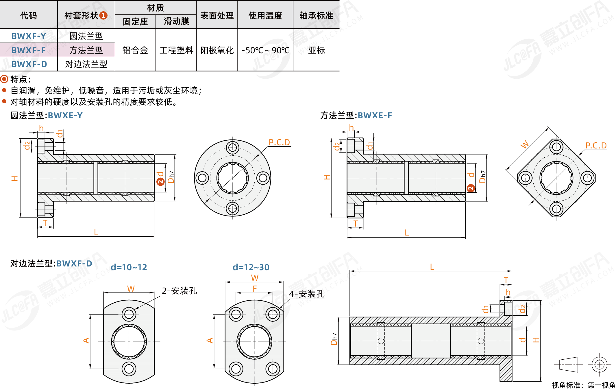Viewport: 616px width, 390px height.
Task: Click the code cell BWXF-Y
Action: click(x=29, y=36)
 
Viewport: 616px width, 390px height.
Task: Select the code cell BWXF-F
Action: click(x=29, y=50)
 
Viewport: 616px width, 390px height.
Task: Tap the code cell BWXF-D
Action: click(x=29, y=64)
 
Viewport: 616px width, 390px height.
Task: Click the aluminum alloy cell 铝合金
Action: click(x=135, y=50)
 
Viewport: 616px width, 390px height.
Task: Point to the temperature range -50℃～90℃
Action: click(x=265, y=50)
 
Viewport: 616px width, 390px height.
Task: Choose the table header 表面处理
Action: click(x=217, y=16)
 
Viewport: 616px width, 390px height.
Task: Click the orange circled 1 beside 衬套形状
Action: click(x=103, y=15)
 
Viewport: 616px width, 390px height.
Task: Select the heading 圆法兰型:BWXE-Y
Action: click(x=47, y=115)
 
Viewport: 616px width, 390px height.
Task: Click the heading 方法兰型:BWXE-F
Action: click(x=356, y=115)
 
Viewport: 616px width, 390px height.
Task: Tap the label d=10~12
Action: click(x=129, y=267)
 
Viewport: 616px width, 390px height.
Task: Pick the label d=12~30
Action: click(x=251, y=267)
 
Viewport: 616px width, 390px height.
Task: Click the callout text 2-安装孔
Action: click(x=179, y=290)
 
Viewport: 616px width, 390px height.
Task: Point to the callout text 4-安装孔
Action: click(x=307, y=294)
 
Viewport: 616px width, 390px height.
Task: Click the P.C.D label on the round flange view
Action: click(x=279, y=142)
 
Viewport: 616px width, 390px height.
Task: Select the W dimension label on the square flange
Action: click(x=524, y=144)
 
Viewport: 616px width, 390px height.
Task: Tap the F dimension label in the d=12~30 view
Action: click(x=255, y=288)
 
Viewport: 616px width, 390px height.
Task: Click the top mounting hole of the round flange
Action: click(x=232, y=148)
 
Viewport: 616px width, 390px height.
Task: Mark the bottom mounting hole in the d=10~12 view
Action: click(x=129, y=369)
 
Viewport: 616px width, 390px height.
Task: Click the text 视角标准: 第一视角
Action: click(x=583, y=385)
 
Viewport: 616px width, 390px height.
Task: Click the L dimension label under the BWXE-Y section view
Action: click(x=96, y=232)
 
